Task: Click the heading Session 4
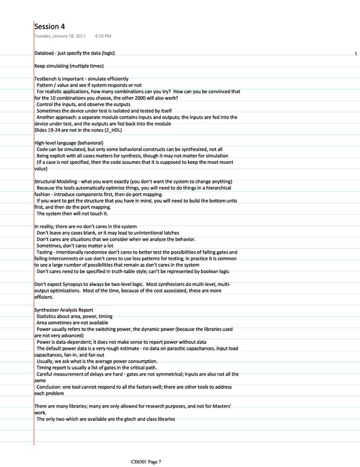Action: [x=49, y=27]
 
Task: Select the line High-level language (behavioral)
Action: [x=69, y=143]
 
